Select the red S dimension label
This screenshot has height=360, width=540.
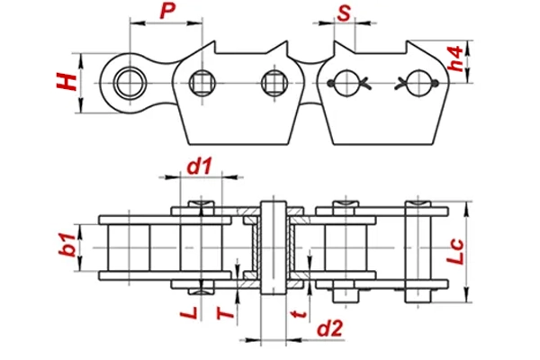pyautogui.click(x=344, y=13)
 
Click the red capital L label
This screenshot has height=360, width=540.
pyautogui.click(x=190, y=312)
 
